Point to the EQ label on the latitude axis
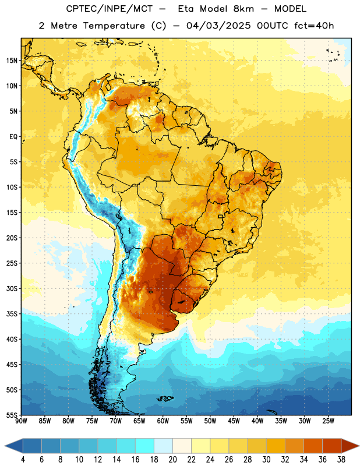13,137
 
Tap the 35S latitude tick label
12,314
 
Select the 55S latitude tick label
12,415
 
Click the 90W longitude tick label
21,421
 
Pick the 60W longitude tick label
163,421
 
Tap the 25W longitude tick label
328,421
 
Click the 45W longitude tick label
234,421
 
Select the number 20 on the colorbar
172,460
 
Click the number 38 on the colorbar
341,460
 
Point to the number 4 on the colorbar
23,460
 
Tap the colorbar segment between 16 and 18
145,446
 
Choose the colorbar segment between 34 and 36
313,446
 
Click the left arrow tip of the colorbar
5,446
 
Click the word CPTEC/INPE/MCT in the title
109,9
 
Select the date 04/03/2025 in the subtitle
218,26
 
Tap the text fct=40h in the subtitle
314,26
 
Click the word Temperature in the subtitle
114,26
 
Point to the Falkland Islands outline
165,398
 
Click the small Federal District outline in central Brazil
221,216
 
